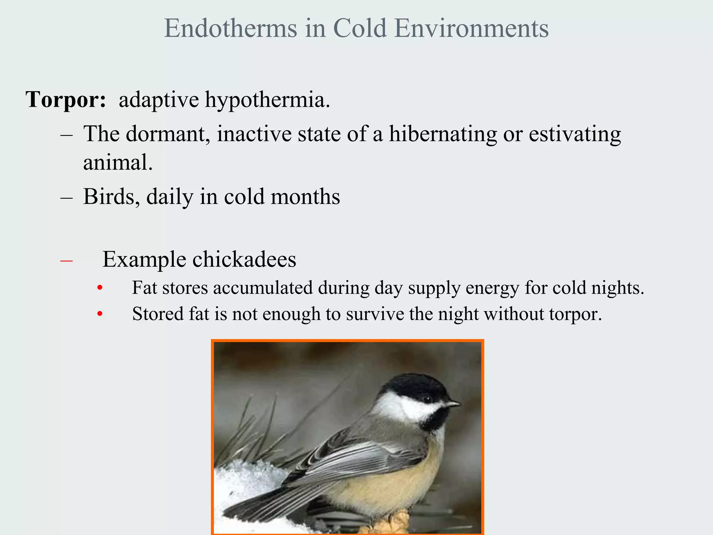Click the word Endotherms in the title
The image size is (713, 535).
(230, 28)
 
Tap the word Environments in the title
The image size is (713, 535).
(472, 28)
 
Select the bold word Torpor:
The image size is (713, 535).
(66, 100)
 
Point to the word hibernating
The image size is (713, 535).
(443, 134)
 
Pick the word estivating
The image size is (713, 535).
(575, 134)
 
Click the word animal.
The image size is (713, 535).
(118, 163)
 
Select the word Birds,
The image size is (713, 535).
(111, 197)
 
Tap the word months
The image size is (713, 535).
(305, 197)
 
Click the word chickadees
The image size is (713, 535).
(244, 260)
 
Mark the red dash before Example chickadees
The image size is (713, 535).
(66, 261)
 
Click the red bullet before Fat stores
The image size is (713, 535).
(100, 288)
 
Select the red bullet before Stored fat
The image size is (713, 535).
(100, 314)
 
